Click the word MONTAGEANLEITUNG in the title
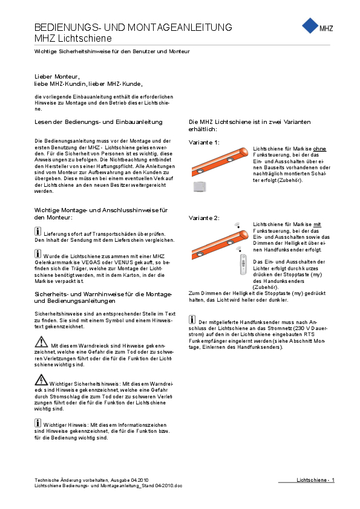(180, 27)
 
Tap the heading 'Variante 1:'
(204, 142)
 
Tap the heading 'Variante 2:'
(204, 218)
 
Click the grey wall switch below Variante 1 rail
(200, 187)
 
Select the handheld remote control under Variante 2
(243, 265)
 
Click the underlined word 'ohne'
(319, 149)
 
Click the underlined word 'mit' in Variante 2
(317, 224)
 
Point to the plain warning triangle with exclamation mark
(41, 342)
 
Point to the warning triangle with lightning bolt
(41, 380)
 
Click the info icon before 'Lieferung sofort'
(38, 232)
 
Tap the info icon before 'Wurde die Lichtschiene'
(38, 253)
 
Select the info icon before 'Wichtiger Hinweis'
(38, 423)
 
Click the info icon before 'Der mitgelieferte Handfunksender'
(192, 319)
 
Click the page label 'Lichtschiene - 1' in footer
(315, 480)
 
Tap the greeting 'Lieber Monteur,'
(57, 77)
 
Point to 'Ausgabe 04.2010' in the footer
(129, 480)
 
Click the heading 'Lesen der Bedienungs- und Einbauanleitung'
(99, 122)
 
